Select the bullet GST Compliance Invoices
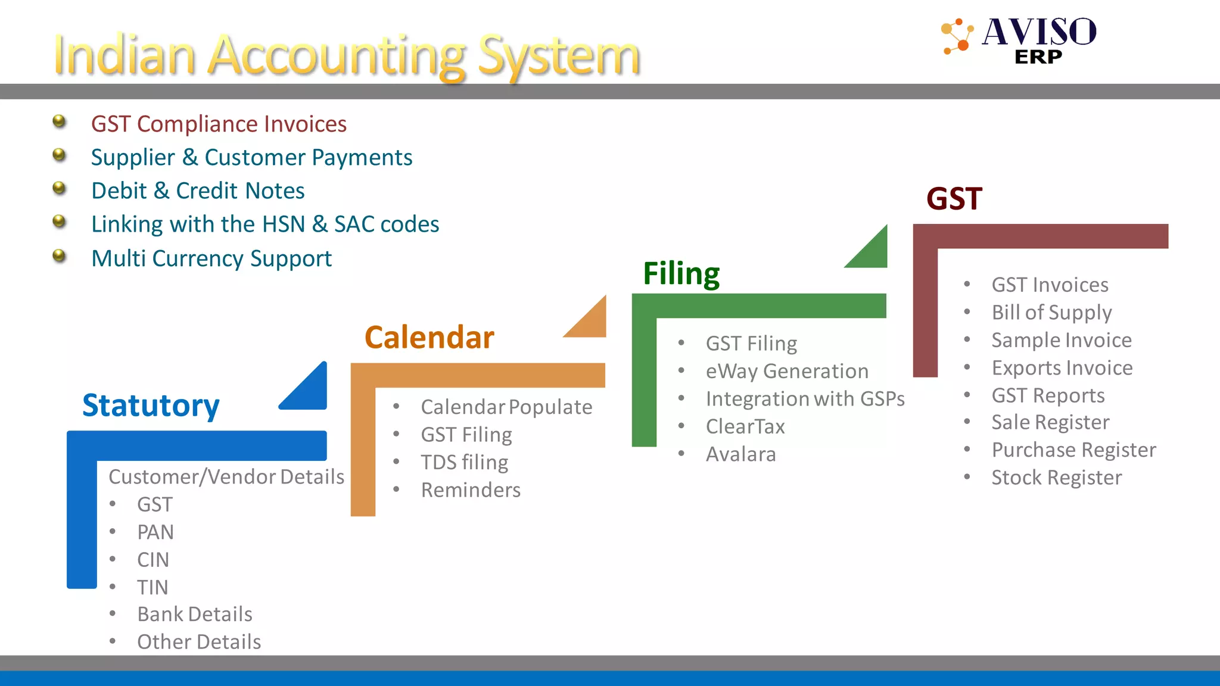(x=219, y=124)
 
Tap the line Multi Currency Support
(x=211, y=258)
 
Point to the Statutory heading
(x=151, y=406)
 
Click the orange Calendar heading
(x=429, y=338)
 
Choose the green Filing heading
(x=681, y=273)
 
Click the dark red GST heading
(x=954, y=199)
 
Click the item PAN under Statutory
(x=155, y=532)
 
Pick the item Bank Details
(x=195, y=614)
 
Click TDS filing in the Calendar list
(x=464, y=462)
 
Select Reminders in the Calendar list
(x=471, y=489)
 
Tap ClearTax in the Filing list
(x=745, y=426)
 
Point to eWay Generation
(x=787, y=371)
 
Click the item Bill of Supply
(x=1051, y=312)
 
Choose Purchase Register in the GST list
(x=1073, y=450)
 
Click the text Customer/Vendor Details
(x=226, y=476)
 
